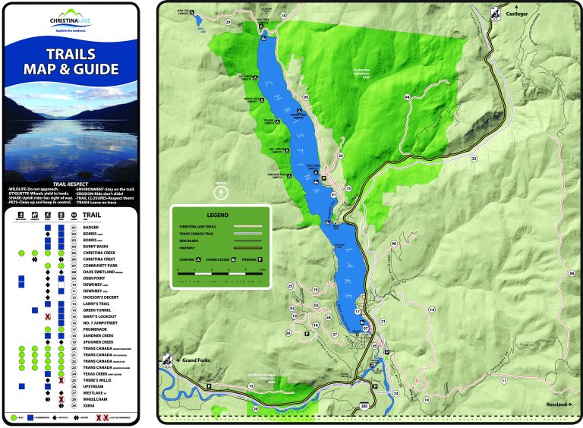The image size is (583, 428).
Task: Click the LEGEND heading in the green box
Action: click(219, 214)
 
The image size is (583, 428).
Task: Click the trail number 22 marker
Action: click(474, 159)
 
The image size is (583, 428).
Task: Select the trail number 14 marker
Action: click(431, 309)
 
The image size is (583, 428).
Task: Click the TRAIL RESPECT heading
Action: click(70, 183)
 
